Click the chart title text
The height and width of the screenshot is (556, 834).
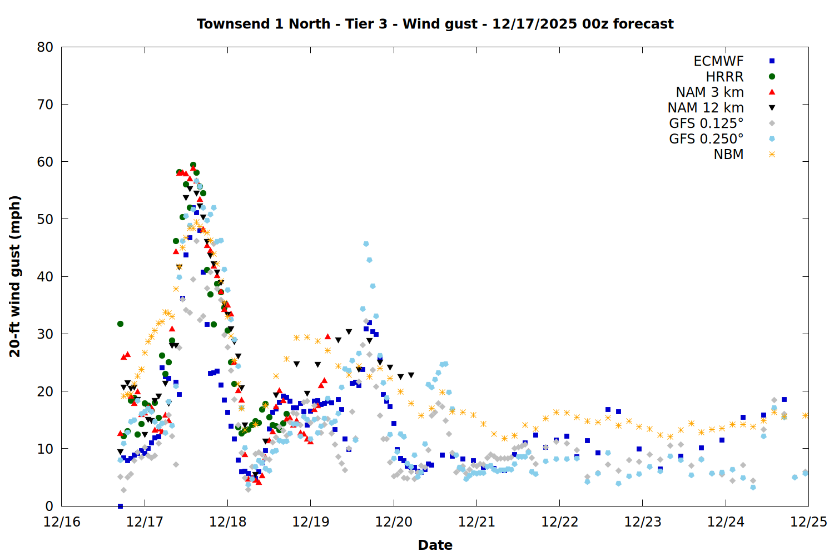tap(435, 24)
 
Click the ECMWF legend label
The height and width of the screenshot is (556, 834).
tap(718, 61)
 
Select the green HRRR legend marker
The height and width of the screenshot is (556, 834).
tap(772, 77)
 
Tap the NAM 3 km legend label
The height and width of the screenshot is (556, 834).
tap(709, 92)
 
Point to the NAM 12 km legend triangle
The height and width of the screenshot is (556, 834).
tap(772, 108)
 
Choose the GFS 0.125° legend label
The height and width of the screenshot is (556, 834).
tap(706, 123)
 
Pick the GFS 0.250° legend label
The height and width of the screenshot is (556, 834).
tap(706, 139)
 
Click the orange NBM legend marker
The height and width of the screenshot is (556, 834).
tap(772, 155)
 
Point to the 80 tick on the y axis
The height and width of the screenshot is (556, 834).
tap(46, 47)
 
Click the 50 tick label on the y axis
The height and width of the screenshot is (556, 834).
tap(46, 219)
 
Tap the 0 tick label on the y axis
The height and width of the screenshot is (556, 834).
tap(49, 506)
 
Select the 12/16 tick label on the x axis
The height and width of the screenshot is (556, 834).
tap(62, 522)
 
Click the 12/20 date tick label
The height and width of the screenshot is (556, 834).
tap(394, 522)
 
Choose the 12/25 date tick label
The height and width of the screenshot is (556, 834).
tap(808, 522)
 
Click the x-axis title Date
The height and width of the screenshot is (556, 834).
tap(435, 545)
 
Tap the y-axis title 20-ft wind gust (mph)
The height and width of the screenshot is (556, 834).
tap(15, 276)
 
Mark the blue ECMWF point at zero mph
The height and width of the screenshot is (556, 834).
tap(120, 506)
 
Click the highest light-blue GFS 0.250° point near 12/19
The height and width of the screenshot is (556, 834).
tap(366, 244)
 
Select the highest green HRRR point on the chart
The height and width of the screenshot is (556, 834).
tap(193, 165)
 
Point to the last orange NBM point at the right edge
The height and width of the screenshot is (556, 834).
tap(805, 415)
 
